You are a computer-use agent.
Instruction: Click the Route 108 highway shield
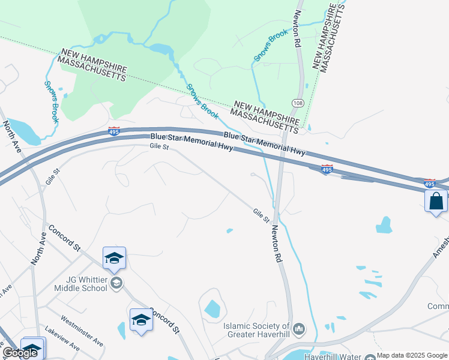(297, 104)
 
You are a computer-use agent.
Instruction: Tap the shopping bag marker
(436, 201)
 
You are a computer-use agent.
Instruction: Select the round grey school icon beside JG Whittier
(116, 283)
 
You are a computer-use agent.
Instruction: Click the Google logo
(20, 353)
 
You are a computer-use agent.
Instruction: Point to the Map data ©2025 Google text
(412, 355)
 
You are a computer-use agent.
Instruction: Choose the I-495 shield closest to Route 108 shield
(327, 170)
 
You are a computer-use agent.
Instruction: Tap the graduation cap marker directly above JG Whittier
(114, 258)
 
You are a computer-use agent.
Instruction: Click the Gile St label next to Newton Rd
(261, 215)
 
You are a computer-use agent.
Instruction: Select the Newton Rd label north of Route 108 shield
(297, 29)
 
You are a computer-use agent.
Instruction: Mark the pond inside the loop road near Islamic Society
(212, 308)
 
